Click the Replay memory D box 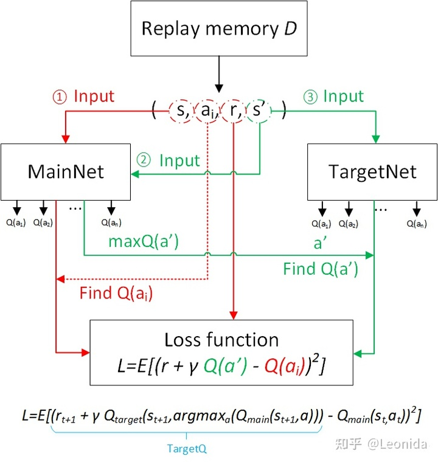click(x=218, y=29)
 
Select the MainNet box click(x=66, y=171)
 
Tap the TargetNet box click(x=372, y=171)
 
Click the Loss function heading click(x=221, y=339)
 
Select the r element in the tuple click(x=233, y=111)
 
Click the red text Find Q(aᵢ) click(x=116, y=294)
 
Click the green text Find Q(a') click(x=321, y=269)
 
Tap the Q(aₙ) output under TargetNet click(x=417, y=223)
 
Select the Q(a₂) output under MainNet click(x=43, y=222)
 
